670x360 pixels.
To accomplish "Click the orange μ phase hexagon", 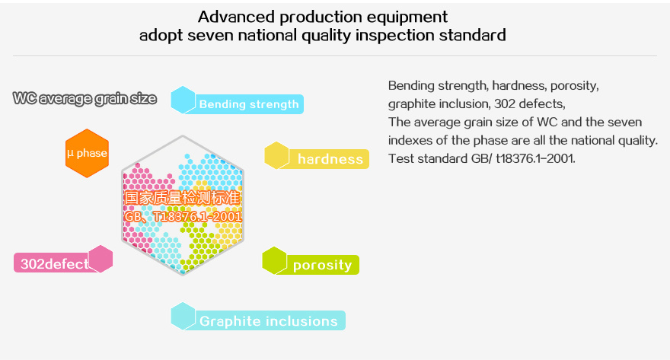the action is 87,153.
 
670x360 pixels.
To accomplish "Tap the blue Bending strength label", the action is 249,104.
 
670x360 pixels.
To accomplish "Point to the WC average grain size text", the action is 85,99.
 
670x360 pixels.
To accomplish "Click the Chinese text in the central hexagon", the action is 183,198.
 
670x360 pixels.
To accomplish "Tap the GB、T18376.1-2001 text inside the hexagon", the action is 183,216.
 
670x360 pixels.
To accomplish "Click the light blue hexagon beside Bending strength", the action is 183,100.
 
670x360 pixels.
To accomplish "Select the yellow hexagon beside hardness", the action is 277,155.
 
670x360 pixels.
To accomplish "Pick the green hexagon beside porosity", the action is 274,260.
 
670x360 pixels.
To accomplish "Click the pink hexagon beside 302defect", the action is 100,259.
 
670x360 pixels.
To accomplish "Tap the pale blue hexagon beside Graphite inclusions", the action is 183,316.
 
